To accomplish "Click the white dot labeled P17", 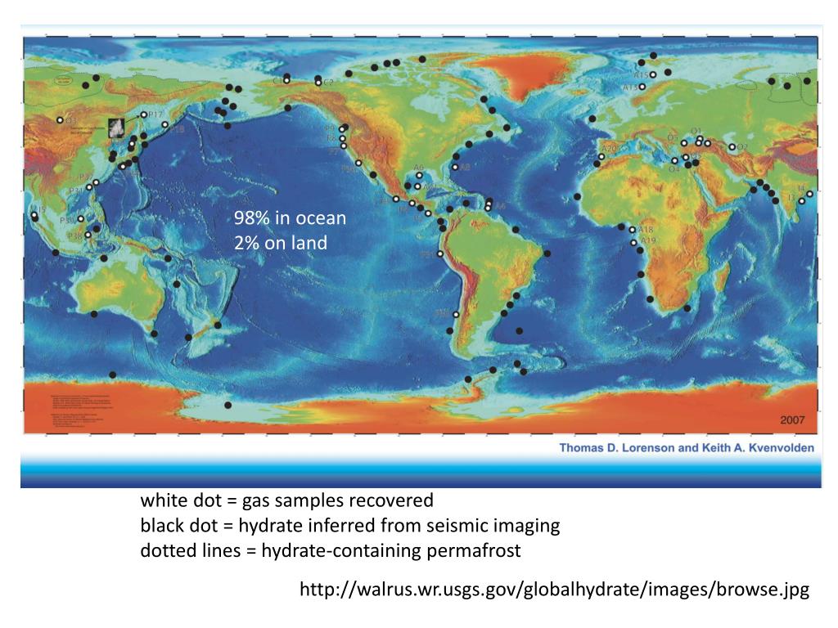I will (x=144, y=114).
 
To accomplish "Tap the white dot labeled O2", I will (x=732, y=147).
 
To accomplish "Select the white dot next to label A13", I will (x=642, y=87).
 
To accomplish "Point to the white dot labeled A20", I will (x=601, y=156).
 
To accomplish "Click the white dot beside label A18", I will (x=632, y=229).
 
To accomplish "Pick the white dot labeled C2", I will (x=318, y=83).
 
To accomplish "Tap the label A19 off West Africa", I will (x=648, y=240).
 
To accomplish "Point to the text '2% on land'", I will (x=280, y=243).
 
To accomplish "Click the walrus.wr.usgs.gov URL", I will (x=554, y=590).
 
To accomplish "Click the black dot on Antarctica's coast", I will (x=228, y=405).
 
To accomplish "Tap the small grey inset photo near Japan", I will (x=119, y=126).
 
